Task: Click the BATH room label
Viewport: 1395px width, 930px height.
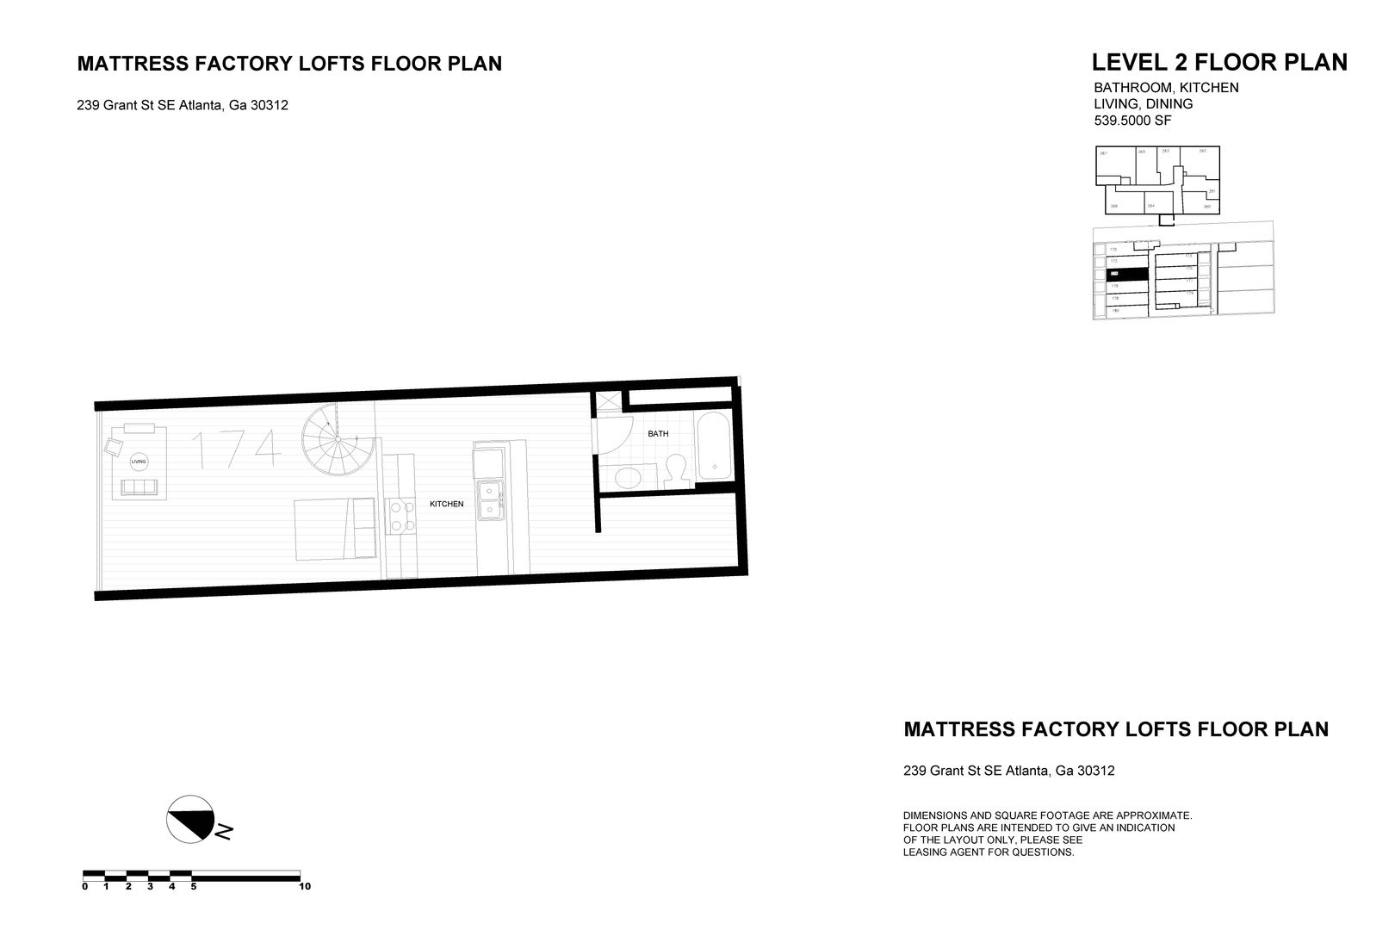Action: coord(658,434)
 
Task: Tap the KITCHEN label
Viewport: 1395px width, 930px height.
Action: coord(446,504)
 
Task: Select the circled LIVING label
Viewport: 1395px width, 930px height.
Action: coord(138,462)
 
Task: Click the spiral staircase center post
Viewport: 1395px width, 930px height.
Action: coord(337,440)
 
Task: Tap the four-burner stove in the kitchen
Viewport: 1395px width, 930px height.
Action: coord(400,515)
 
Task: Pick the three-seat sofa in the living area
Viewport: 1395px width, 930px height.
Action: coord(139,488)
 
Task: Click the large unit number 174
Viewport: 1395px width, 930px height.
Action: coord(234,449)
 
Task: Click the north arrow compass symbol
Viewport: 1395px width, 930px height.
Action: coord(190,818)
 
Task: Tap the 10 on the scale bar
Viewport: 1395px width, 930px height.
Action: coord(305,886)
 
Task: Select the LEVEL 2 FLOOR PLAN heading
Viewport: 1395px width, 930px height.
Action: coord(1218,63)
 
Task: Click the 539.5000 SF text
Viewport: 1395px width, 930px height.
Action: coord(1132,121)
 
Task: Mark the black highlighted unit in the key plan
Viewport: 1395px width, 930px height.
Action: coord(1126,274)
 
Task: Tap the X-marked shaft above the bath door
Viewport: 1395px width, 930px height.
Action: coord(607,400)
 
